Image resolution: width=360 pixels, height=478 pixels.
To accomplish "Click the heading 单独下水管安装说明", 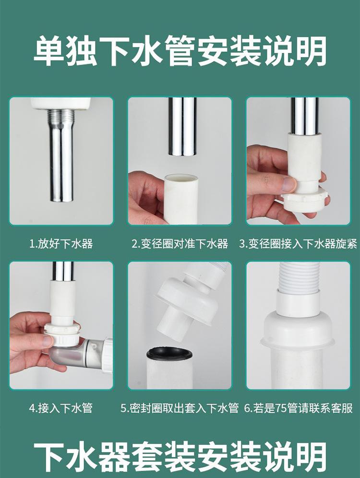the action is [180, 51].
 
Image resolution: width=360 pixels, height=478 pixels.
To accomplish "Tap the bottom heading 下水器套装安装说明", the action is [180, 457].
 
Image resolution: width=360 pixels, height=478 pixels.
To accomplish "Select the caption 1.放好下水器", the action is [61, 244].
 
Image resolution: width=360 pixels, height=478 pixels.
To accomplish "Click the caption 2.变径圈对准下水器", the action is [180, 244].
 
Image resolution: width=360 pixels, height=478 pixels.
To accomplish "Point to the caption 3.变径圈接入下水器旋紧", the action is [298, 244].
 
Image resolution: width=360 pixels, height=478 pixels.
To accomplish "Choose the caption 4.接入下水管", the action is [61, 408].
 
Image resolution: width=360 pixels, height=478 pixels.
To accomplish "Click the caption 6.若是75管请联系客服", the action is [299, 408].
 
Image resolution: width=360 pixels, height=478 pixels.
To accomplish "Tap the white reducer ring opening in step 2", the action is [180, 179].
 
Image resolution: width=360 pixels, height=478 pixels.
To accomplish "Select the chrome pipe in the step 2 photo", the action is [182, 127].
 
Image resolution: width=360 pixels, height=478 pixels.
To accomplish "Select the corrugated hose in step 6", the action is [298, 277].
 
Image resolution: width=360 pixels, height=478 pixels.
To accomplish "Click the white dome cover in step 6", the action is [298, 331].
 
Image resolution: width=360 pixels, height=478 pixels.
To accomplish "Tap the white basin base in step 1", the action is [61, 103].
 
